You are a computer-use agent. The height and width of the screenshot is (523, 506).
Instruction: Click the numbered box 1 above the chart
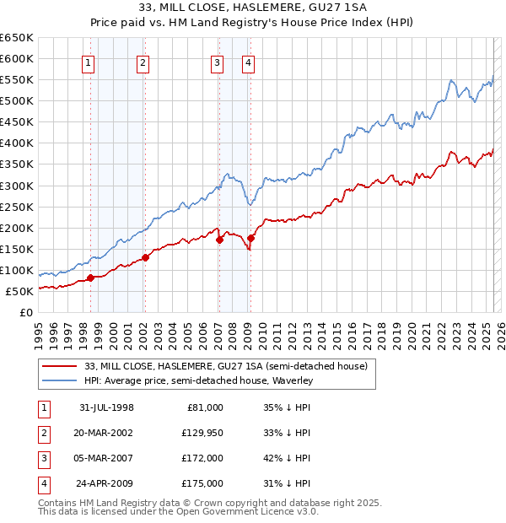point(89,62)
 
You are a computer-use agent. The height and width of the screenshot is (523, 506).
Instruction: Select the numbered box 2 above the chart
point(143,62)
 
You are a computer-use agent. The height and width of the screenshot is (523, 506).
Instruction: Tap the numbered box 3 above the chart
point(217,62)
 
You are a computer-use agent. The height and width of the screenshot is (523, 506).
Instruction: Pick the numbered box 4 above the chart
point(249,62)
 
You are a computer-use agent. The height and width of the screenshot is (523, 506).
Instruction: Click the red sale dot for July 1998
point(90,278)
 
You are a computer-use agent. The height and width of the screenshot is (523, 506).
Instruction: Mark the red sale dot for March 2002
point(145,257)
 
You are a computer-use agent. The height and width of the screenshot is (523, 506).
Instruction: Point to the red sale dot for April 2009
point(250,238)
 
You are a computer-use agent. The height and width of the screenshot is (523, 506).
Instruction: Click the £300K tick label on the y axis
point(17,186)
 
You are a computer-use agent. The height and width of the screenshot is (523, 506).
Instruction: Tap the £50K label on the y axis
point(19,292)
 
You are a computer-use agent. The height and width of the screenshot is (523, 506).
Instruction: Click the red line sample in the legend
point(59,367)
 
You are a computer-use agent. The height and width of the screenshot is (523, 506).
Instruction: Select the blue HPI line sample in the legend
point(59,381)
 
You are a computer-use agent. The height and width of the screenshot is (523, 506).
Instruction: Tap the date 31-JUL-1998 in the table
point(106,407)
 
